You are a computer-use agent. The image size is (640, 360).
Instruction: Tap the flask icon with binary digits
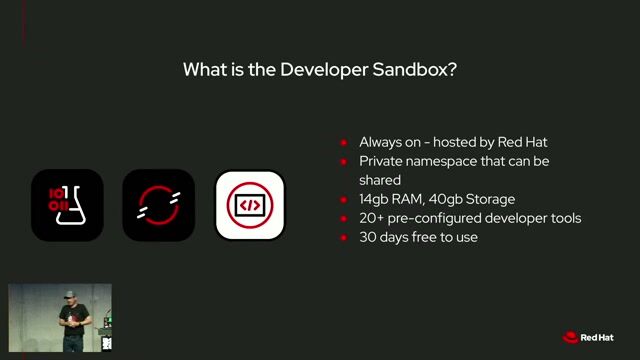(x=67, y=205)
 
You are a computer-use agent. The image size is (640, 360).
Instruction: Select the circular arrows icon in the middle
(x=158, y=205)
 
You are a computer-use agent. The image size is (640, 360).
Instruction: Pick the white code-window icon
(x=250, y=205)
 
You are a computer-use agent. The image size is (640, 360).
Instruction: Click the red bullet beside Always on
(x=344, y=142)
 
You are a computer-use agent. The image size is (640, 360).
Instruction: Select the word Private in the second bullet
(x=383, y=161)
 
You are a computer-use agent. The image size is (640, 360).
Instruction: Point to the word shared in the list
(x=380, y=180)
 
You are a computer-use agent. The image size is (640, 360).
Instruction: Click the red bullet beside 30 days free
(x=344, y=237)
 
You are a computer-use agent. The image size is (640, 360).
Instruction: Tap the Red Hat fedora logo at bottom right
(x=571, y=338)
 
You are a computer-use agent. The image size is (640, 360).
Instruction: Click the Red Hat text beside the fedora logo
(x=603, y=338)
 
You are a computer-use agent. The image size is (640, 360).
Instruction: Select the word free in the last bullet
(x=433, y=237)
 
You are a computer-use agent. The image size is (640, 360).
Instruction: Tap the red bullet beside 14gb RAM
(x=344, y=199)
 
